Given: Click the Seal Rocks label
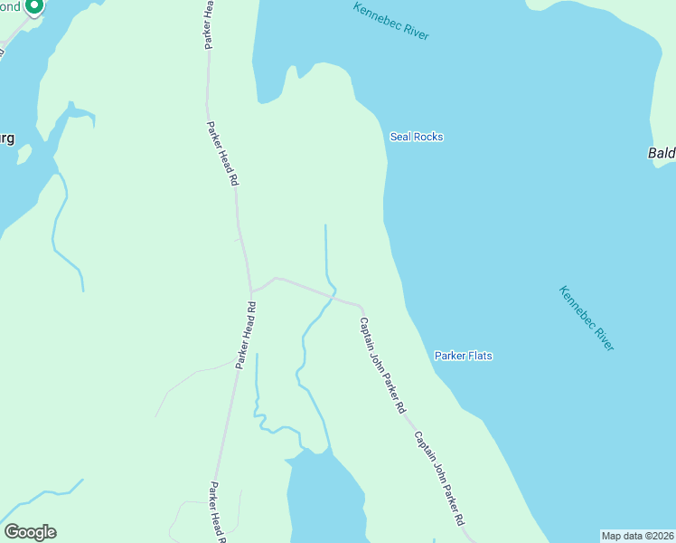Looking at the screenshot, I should click(416, 137).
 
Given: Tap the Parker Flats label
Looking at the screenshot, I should click(464, 356).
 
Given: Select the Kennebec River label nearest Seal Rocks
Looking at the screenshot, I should click(391, 21).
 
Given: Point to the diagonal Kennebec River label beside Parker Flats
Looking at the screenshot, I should click(587, 319).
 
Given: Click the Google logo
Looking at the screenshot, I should click(30, 532).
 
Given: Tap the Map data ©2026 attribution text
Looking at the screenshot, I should click(637, 536).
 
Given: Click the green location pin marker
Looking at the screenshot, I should click(33, 7).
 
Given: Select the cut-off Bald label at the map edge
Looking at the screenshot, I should click(662, 153).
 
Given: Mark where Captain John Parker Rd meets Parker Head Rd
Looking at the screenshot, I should click(252, 291).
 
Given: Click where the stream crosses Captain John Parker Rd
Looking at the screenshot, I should click(333, 296).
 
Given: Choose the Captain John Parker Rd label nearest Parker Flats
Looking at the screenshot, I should click(382, 365).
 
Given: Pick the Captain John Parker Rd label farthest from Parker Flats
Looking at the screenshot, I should click(439, 479).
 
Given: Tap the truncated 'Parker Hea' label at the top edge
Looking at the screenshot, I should click(209, 23).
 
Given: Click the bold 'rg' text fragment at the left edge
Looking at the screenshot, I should click(6, 138).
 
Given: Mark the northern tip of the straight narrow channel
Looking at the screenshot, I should click(325, 225).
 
